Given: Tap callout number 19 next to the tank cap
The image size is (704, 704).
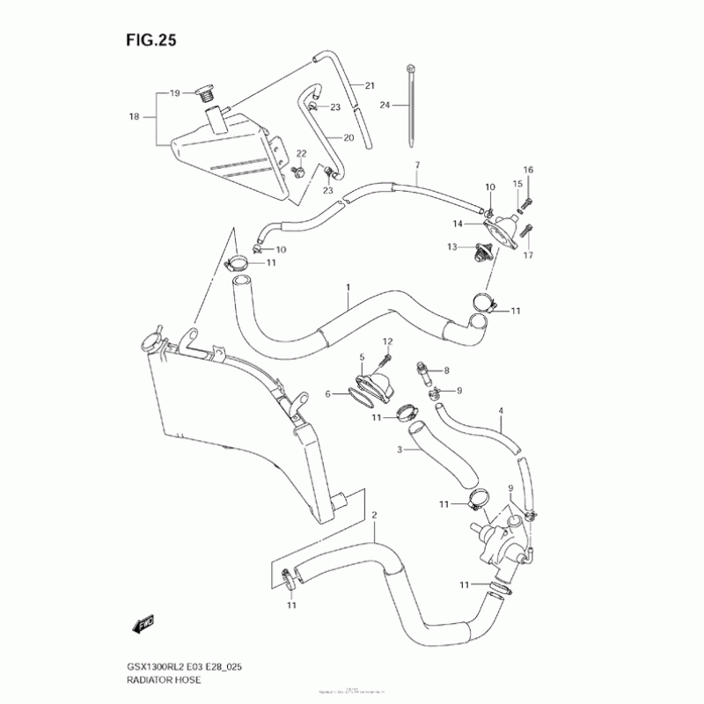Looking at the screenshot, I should point(174,92).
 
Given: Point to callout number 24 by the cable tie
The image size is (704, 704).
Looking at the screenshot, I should point(384,105).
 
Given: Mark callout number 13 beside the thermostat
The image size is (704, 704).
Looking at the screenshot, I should point(451,247).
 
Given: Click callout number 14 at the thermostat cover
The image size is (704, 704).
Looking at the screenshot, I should point(458,224).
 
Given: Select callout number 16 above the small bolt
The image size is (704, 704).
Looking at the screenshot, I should point(528,170).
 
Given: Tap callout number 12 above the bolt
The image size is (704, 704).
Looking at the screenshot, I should point(387,341).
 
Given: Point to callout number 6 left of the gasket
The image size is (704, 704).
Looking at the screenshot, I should point(327,394).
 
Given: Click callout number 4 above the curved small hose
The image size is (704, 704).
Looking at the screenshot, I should point(501,410).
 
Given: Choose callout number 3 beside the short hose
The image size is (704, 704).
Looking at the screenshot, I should point(400,450).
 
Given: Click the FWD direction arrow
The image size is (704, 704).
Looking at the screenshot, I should point(142,624).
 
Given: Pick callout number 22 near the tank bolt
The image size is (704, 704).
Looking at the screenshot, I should point(301,154).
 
